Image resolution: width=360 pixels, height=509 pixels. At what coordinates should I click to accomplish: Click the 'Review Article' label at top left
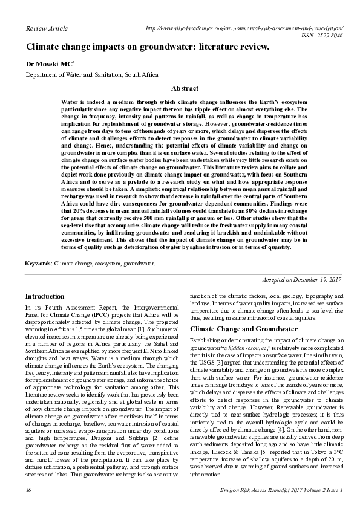47,29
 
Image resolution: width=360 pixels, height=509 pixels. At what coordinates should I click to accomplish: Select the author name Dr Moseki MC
49,63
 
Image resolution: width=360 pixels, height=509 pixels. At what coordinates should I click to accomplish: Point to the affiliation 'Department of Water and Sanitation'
91,75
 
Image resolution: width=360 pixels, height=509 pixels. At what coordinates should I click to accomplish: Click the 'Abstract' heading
185,88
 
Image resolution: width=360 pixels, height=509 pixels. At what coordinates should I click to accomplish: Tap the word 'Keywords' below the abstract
38,264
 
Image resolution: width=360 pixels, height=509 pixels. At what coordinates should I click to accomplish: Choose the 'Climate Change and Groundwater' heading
244,329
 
